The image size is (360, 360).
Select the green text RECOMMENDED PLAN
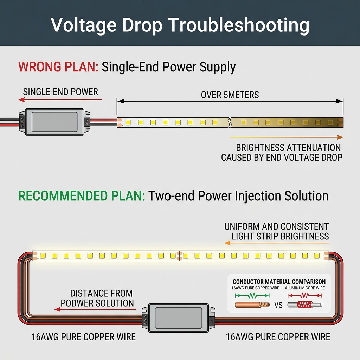(81, 196)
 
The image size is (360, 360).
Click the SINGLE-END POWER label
(60, 92)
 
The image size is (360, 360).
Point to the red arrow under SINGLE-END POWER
(60, 99)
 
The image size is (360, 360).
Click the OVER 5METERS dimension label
(230, 95)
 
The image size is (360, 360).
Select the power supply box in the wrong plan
(54, 121)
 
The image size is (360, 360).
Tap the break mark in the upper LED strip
(229, 122)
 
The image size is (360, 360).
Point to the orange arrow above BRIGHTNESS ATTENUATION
(287, 137)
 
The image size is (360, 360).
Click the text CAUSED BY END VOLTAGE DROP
(282, 157)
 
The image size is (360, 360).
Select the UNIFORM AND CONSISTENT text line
(277, 226)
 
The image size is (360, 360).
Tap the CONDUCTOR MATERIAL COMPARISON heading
(279, 282)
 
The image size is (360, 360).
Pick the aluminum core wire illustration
(304, 304)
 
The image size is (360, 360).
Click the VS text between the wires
(278, 305)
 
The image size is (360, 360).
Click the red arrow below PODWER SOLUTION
(95, 310)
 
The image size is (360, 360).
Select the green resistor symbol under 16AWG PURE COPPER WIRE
(252, 296)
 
